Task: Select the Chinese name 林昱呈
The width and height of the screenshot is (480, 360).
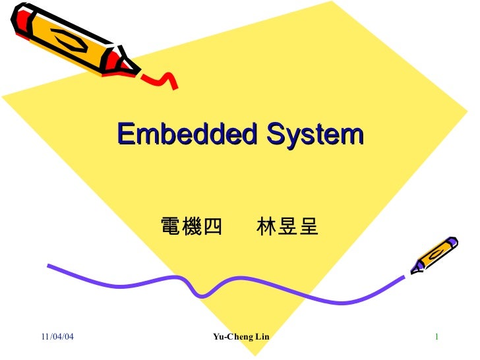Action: click(287, 227)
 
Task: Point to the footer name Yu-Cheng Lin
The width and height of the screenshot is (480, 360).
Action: click(241, 338)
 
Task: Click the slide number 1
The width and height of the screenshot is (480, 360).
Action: click(436, 338)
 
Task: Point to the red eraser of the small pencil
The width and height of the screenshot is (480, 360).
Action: click(453, 241)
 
